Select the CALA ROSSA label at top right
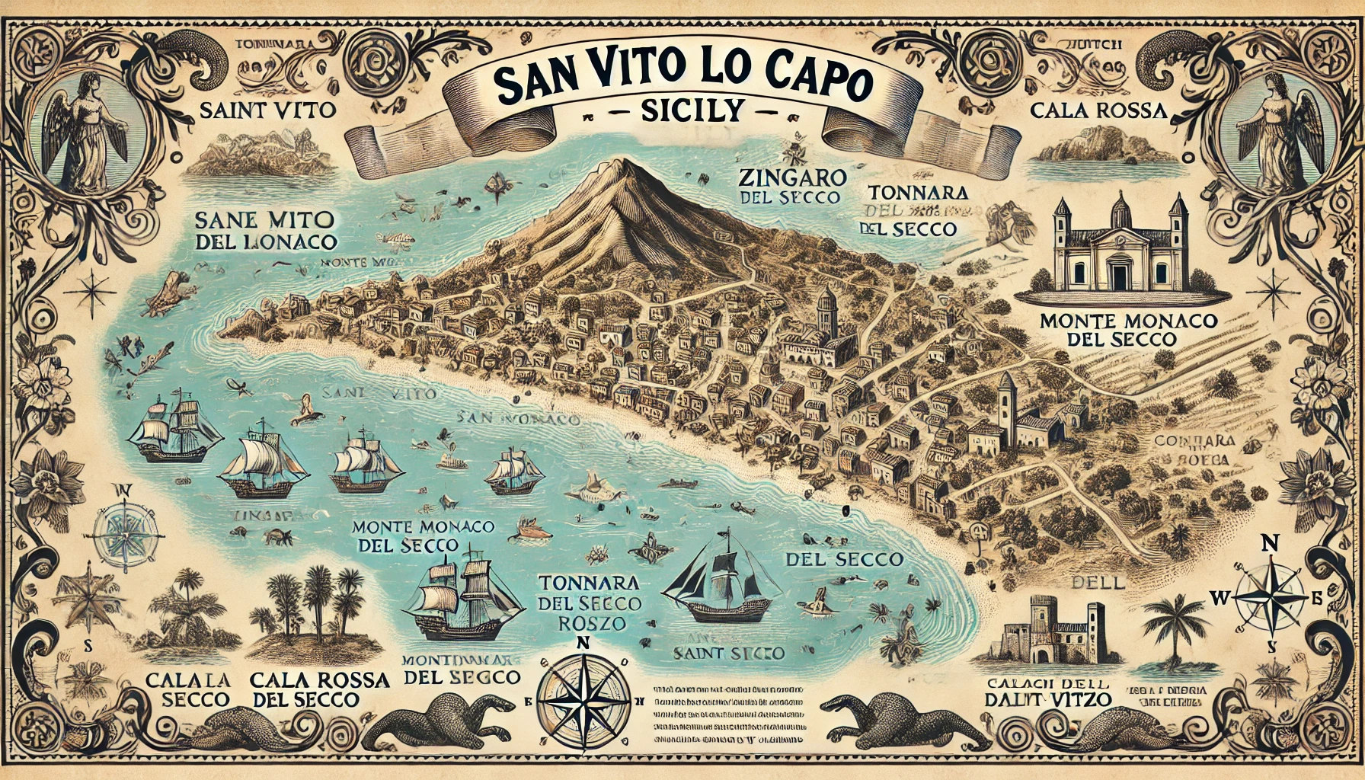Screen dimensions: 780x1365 click(1098, 111)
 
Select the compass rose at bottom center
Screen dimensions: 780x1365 click(583, 693)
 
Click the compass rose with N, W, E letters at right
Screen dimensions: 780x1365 click(1269, 596)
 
